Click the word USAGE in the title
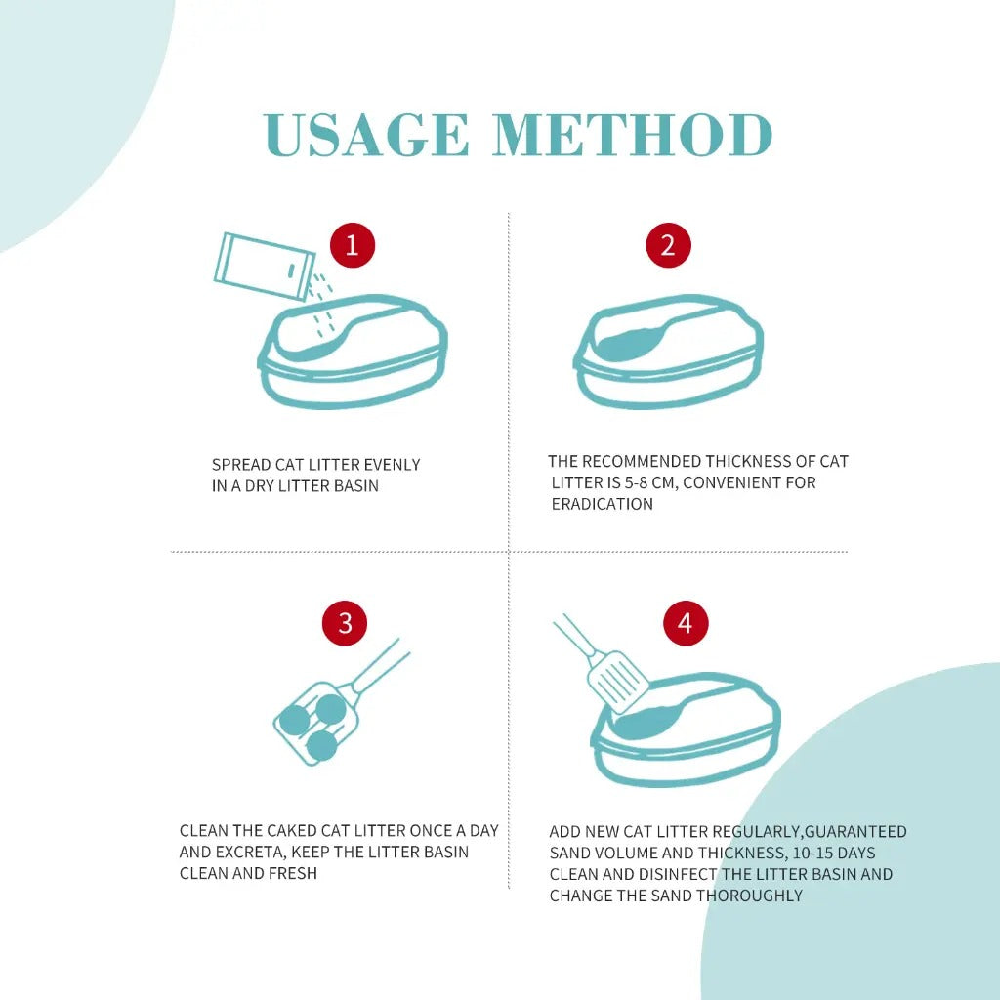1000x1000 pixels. coord(366,136)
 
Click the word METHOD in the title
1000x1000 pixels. coord(633,136)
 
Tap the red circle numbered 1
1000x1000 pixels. coord(353,245)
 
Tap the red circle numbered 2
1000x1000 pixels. coord(668,245)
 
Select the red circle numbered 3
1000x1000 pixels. coord(345,623)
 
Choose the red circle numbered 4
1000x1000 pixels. coord(686,623)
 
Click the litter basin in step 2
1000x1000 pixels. coord(669,356)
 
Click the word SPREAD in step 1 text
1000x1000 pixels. coord(240,465)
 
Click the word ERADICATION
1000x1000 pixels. coord(602,504)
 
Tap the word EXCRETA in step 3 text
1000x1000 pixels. coord(256,852)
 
